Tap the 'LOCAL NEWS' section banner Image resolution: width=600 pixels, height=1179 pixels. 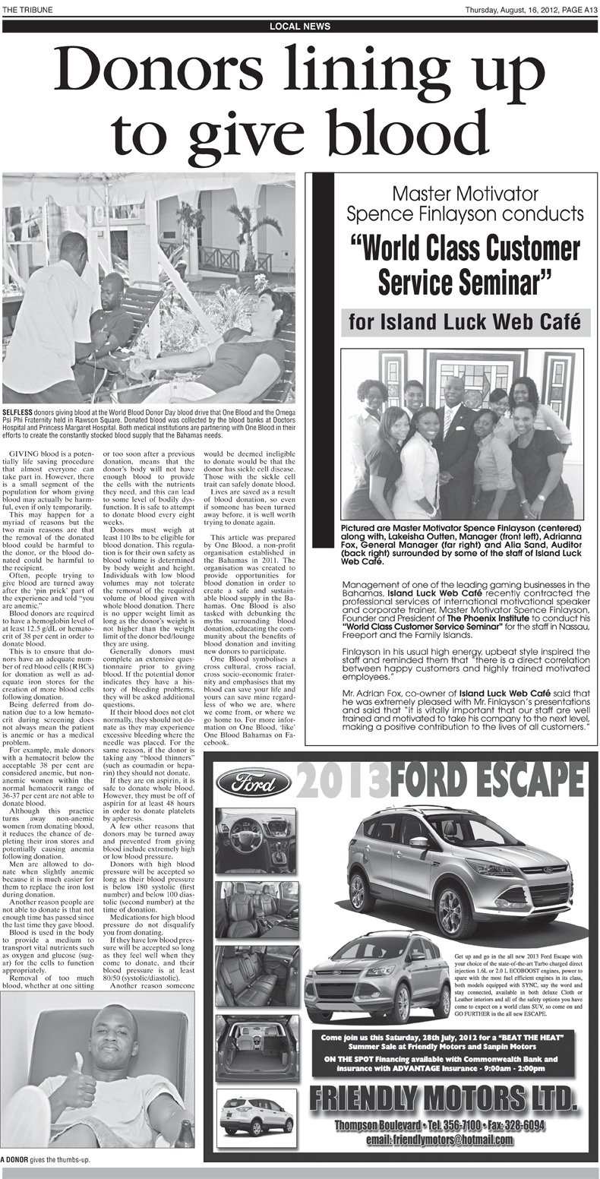click(300, 27)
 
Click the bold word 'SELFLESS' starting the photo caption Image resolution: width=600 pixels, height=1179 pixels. click(17, 410)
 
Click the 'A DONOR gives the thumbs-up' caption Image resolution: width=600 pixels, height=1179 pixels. click(46, 1161)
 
